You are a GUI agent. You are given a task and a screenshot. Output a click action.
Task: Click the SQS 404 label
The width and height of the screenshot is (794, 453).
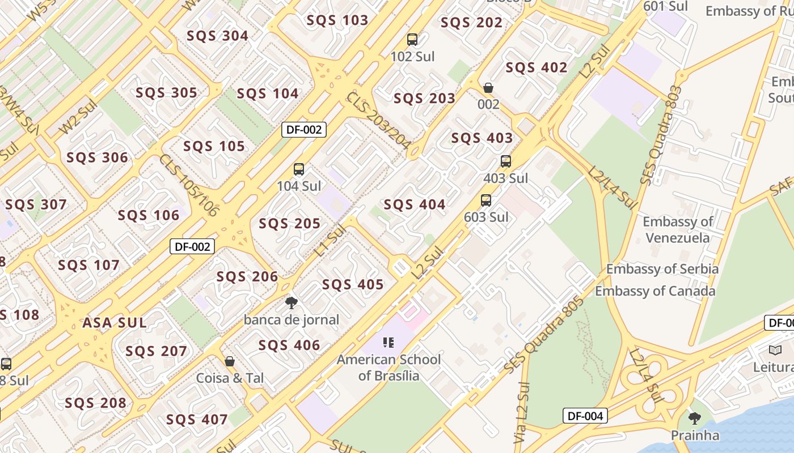(415, 204)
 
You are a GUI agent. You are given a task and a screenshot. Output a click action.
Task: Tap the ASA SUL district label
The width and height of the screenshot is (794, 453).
(115, 323)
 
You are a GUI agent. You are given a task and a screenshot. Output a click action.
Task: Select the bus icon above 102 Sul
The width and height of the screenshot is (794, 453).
(412, 40)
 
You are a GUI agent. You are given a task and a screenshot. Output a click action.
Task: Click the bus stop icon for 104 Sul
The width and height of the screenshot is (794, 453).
(299, 169)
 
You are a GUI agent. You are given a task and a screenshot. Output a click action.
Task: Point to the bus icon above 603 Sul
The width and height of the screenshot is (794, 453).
(486, 200)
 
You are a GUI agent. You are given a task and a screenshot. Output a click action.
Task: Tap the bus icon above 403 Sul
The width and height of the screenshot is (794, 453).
(506, 161)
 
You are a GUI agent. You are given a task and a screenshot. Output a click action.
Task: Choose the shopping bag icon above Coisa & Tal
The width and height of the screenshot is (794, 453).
(230, 361)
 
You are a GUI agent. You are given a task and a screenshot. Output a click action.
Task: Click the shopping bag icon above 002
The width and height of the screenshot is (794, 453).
(488, 88)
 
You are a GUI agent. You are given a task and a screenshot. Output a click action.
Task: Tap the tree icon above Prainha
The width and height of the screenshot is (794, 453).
(694, 418)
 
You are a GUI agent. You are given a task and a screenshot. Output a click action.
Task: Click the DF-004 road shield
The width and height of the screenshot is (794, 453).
(585, 416)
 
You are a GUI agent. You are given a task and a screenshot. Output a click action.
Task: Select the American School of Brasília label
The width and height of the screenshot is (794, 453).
(389, 367)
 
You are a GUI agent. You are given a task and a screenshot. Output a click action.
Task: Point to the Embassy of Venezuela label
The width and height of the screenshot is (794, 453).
(678, 229)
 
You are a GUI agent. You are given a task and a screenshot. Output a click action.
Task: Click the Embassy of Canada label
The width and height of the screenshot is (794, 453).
(655, 291)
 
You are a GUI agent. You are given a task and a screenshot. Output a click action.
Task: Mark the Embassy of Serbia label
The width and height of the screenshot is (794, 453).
(662, 268)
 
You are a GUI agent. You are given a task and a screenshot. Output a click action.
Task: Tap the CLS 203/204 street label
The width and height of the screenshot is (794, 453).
(379, 121)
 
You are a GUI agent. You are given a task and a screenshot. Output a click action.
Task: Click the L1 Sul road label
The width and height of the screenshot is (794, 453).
(330, 241)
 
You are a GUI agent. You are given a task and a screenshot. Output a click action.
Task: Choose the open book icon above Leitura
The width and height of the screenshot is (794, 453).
(775, 350)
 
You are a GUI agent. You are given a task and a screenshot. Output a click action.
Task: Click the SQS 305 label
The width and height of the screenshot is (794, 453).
(167, 93)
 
